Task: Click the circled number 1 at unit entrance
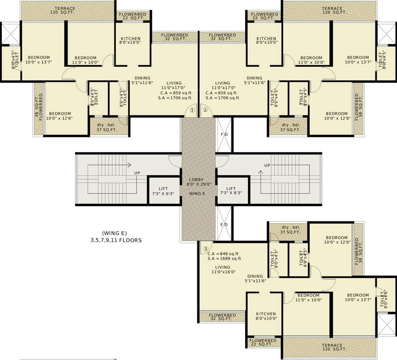coord(192,110)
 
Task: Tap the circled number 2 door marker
coord(205,110)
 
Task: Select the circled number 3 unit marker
coord(205,248)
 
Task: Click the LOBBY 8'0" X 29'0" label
coord(196,182)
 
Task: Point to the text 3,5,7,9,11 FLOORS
coord(116,240)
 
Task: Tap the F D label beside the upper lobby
coord(225,135)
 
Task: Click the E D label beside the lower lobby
coord(225,225)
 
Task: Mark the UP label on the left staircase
coord(137,173)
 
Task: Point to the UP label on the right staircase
coord(267,165)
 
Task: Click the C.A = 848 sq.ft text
coord(223,254)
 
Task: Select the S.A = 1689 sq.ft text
coord(224,259)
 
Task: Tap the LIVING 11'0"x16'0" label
coord(223,270)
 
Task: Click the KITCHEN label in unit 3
coord(265,316)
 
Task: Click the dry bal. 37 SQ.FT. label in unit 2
coord(290,127)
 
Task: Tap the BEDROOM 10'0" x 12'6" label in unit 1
coord(60,116)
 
